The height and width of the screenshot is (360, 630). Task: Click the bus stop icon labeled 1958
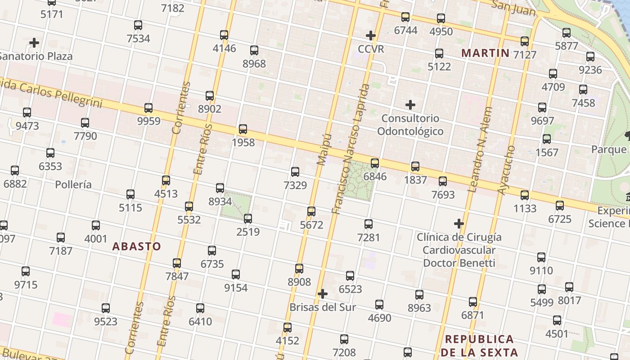click(243, 129)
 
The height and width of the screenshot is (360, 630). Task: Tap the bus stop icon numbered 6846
click(375, 163)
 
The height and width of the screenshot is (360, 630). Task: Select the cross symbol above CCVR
click(371, 35)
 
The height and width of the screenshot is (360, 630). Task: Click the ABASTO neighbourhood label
click(136, 246)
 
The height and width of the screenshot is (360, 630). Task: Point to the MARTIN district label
click(486, 53)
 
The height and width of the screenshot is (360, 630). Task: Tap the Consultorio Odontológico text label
click(410, 125)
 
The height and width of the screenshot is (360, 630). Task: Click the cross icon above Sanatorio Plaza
click(34, 43)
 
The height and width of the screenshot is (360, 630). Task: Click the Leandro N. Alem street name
click(480, 149)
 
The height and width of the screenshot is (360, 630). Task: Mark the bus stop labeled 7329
click(295, 171)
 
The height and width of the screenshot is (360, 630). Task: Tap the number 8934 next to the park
click(220, 201)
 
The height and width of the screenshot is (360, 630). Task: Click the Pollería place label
click(73, 184)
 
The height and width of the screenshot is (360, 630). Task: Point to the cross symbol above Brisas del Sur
click(322, 294)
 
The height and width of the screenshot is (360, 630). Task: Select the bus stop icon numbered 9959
click(148, 108)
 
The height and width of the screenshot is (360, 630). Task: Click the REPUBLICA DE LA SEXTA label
click(479, 345)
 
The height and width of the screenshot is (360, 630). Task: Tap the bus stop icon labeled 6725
click(560, 206)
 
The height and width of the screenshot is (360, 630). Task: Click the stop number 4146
click(224, 48)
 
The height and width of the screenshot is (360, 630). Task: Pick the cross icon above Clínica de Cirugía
click(459, 223)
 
